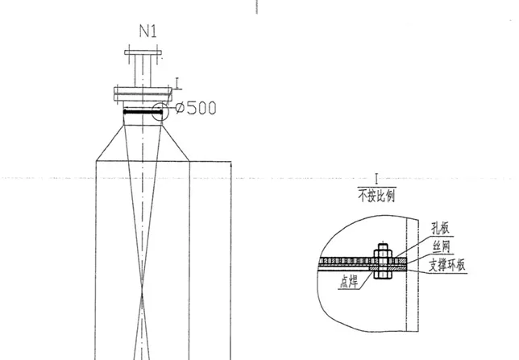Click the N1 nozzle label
pyautogui.click(x=148, y=31)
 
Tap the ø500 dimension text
pyautogui.click(x=196, y=108)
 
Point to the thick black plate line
pyautogui.click(x=143, y=112)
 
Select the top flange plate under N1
pyautogui.click(x=143, y=52)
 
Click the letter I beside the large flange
pyautogui.click(x=178, y=84)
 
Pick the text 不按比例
pyautogui.click(x=376, y=196)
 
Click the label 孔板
pyautogui.click(x=441, y=228)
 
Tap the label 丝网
pyautogui.click(x=441, y=246)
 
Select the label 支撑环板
pyautogui.click(x=446, y=265)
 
